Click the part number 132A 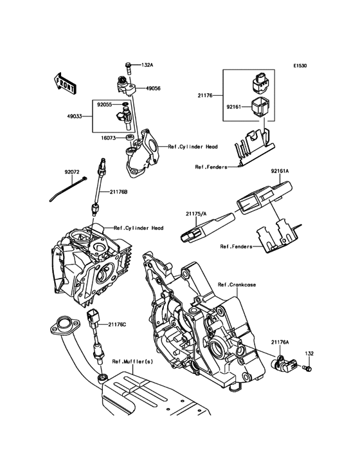(147, 65)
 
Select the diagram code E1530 (301, 66)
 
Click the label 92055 (105, 103)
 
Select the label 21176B (119, 191)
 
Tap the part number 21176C (118, 324)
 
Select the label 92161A (280, 171)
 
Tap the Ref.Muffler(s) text (132, 362)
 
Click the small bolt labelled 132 (306, 369)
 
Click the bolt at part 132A (129, 66)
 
